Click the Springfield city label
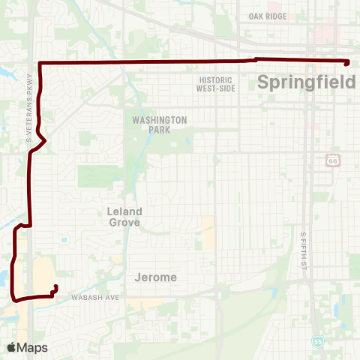click(306, 82)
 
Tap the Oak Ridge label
click(268, 16)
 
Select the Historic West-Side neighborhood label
click(217, 84)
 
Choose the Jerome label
click(156, 277)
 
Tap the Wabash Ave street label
click(96, 298)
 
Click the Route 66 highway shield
click(332, 160)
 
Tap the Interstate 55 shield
click(318, 340)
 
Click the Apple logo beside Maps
click(11, 347)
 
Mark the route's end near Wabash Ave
click(56, 286)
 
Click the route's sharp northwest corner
click(39, 62)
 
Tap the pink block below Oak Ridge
click(327, 34)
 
